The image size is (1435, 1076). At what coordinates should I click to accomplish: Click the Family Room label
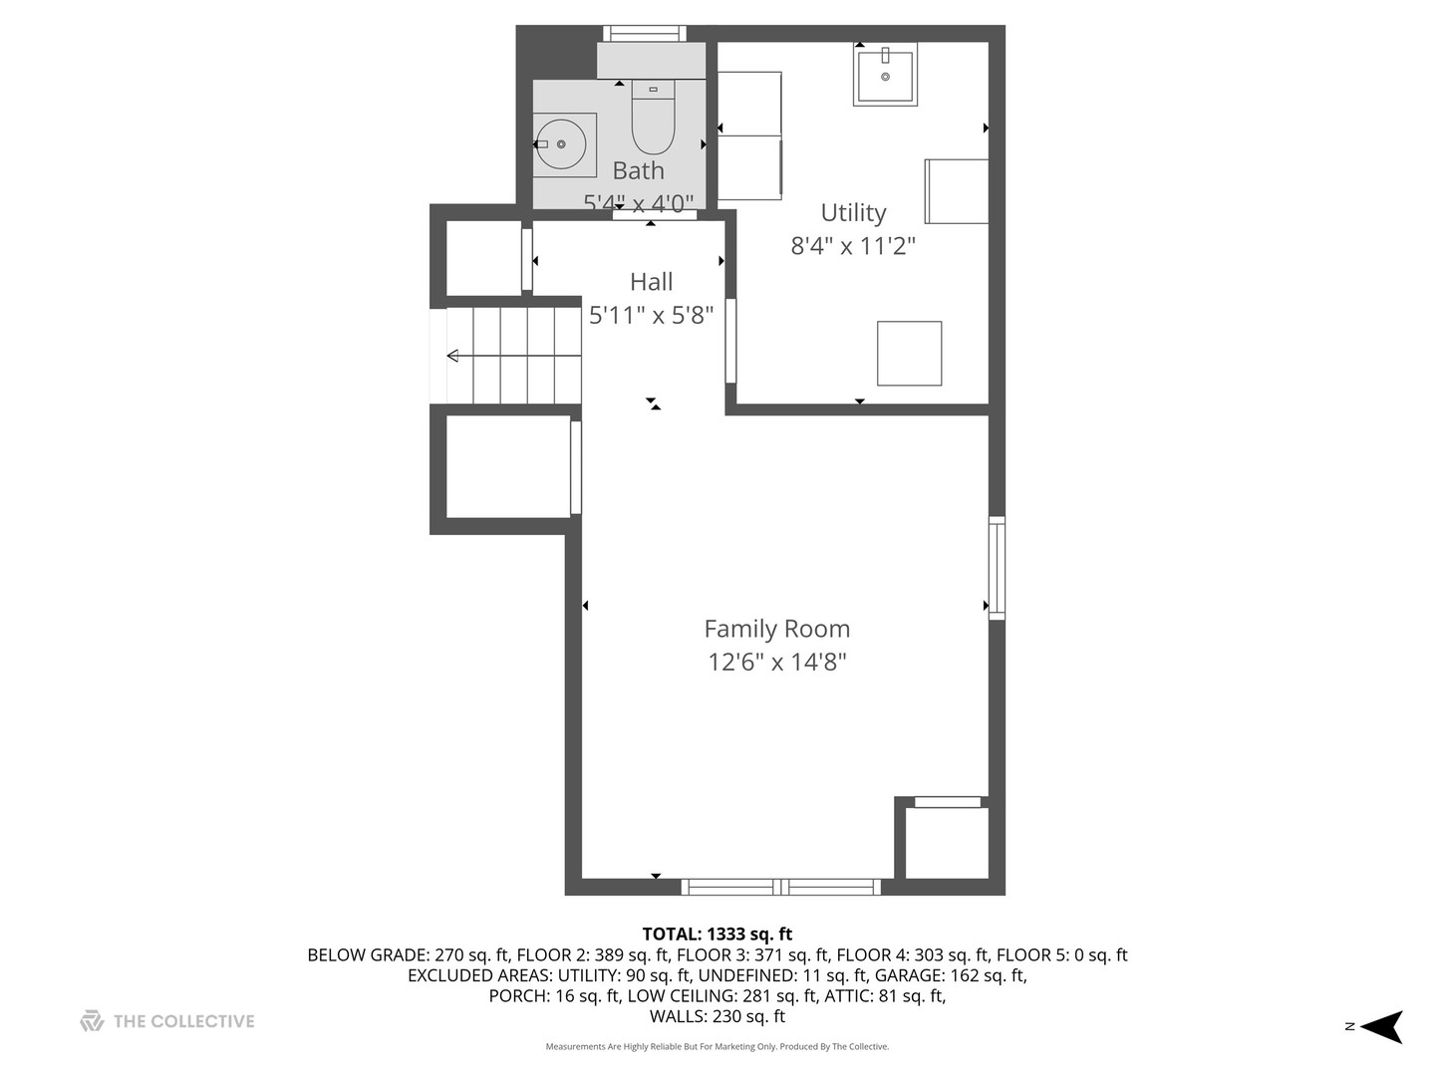[776, 629]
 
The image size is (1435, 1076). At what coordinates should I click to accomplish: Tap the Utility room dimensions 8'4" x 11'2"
[853, 245]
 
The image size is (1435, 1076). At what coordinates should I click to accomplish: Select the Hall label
[651, 282]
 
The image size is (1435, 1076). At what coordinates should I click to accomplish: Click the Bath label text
[638, 170]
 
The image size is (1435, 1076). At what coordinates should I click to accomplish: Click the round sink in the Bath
[563, 145]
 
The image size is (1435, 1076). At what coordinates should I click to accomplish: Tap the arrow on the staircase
[454, 356]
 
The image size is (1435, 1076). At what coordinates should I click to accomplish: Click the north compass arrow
[1381, 1026]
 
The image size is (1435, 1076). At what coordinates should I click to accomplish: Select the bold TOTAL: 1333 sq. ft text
[717, 934]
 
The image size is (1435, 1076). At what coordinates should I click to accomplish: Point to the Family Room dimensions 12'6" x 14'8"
[776, 662]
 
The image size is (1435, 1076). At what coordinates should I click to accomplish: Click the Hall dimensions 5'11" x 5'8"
[651, 316]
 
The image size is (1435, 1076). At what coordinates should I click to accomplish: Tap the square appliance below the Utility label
[909, 353]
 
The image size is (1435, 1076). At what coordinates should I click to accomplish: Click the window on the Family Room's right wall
[997, 568]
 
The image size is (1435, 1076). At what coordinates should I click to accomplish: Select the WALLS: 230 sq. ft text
[717, 1016]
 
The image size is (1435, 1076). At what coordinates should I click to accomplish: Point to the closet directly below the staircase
[507, 466]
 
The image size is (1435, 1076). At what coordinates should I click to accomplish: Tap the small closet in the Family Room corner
[946, 842]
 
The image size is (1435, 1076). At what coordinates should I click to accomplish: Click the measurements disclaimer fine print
[717, 1047]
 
